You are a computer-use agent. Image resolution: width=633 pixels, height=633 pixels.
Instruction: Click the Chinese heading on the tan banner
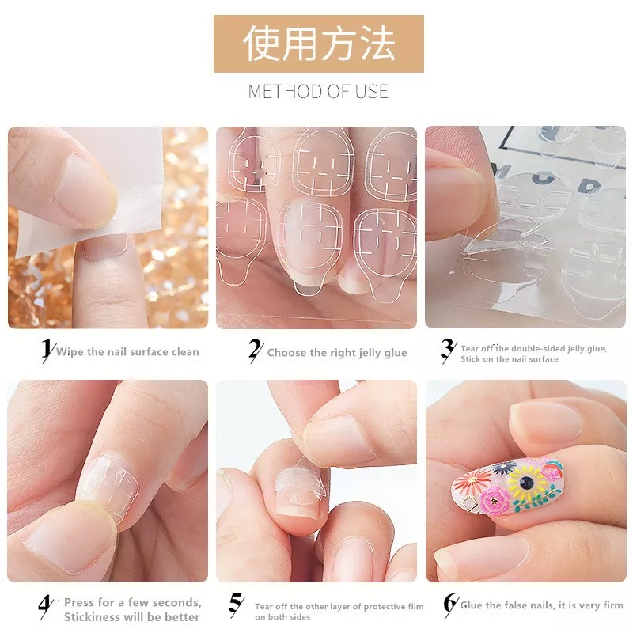click(x=319, y=44)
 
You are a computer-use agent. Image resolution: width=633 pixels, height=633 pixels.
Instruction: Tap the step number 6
click(x=450, y=603)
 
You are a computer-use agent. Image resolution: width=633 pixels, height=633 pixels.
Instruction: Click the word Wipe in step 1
click(x=70, y=351)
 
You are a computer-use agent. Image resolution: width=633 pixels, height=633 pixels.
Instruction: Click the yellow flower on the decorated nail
click(x=526, y=481)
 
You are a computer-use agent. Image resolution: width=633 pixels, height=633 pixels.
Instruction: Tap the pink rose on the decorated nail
click(x=495, y=501)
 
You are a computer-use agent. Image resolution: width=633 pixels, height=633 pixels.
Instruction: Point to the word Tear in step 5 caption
click(x=263, y=606)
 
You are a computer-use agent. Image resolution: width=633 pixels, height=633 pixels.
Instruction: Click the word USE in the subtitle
click(x=371, y=91)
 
